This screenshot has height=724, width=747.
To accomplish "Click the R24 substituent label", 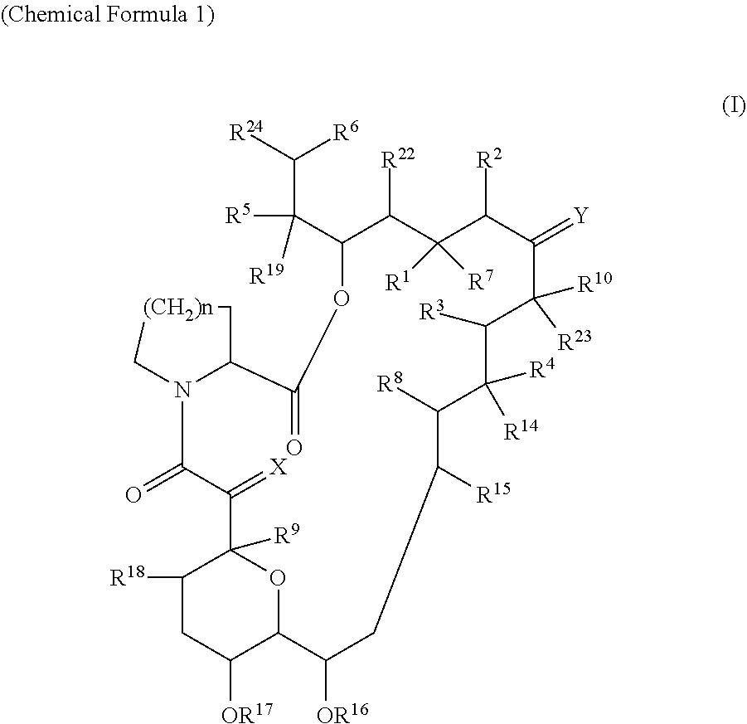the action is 246,132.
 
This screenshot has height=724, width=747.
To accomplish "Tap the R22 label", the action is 397,160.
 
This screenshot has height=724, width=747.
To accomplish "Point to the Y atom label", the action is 581,216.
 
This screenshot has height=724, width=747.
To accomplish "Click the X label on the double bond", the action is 279,469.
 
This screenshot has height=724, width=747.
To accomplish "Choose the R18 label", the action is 129,576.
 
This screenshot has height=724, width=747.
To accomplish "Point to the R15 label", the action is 492,495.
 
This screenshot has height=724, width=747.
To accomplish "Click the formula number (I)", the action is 733,107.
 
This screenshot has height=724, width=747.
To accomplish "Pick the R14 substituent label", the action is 522,430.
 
